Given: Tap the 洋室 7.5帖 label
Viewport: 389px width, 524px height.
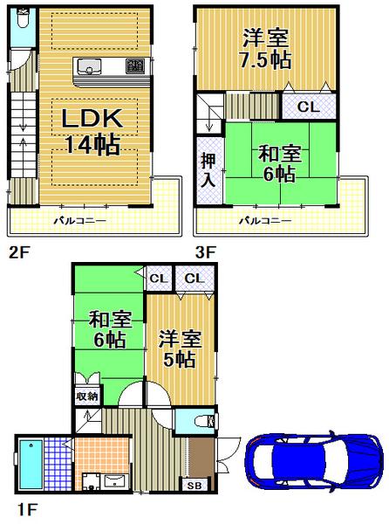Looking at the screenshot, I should coord(266,49).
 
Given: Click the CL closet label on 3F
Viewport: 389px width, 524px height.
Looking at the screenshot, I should coord(308,107).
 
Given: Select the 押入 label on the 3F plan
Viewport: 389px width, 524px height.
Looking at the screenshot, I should coord(208,169).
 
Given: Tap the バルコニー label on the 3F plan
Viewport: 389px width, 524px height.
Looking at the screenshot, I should coord(265,221).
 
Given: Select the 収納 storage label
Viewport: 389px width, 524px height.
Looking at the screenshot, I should coord(86,396).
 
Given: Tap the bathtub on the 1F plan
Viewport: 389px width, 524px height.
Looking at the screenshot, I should coord(31,465).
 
